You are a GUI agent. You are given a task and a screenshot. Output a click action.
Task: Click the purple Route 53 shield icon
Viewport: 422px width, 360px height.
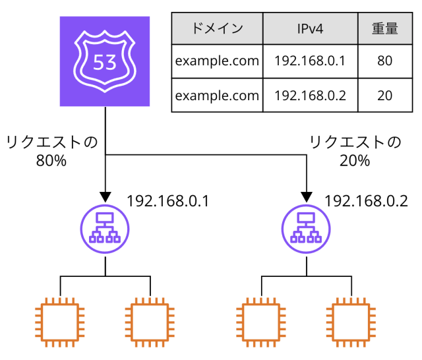pyautogui.click(x=105, y=62)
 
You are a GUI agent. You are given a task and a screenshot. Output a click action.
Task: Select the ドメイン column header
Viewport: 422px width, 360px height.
pyautogui.click(x=217, y=28)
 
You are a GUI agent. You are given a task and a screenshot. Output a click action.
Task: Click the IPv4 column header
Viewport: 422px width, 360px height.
pyautogui.click(x=309, y=28)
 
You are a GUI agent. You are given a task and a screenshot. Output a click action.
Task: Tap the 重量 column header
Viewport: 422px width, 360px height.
pyautogui.click(x=385, y=28)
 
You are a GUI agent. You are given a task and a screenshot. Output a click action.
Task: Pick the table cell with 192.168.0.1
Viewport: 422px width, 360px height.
pyautogui.click(x=309, y=61)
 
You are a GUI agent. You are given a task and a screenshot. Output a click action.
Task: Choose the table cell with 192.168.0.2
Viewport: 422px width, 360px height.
pyautogui.click(x=309, y=95)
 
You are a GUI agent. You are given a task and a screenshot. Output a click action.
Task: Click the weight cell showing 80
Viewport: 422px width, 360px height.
pyautogui.click(x=385, y=61)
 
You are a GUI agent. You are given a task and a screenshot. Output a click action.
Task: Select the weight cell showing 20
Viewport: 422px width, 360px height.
pyautogui.click(x=385, y=95)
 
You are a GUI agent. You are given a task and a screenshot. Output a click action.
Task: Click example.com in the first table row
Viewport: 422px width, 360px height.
pyautogui.click(x=217, y=61)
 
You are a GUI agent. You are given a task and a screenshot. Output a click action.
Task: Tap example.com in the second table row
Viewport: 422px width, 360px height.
pyautogui.click(x=217, y=95)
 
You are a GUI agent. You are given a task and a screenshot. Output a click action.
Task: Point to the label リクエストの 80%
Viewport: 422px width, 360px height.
pyautogui.click(x=51, y=151)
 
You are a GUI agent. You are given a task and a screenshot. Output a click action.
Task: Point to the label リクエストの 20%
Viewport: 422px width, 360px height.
pyautogui.click(x=355, y=151)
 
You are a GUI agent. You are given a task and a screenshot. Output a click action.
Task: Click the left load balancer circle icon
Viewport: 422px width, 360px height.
pyautogui.click(x=105, y=228)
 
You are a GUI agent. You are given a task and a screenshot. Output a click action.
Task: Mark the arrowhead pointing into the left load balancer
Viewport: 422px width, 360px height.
pyautogui.click(x=105, y=196)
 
